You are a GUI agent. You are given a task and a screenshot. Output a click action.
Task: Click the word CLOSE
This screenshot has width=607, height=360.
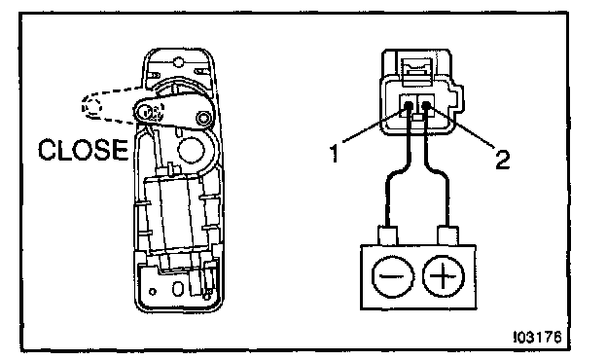[84, 150]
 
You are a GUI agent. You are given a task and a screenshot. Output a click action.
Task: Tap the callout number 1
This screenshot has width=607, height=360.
[334, 153]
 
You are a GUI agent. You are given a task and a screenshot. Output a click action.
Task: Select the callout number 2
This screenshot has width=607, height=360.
[503, 160]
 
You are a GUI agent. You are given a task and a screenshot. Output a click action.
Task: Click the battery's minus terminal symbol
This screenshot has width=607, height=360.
[393, 276]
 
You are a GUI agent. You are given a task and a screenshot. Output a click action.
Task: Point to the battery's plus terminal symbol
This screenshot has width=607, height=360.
[444, 276]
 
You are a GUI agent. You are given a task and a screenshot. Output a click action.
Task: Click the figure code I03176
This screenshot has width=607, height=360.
[537, 338]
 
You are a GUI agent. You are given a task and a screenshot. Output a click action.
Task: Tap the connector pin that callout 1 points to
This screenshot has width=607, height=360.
[408, 105]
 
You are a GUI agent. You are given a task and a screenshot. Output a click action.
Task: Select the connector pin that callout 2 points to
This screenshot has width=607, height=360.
[426, 104]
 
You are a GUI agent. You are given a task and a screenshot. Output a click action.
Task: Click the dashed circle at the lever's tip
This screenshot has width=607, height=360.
[92, 106]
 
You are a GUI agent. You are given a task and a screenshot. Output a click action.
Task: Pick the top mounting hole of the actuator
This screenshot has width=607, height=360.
[178, 61]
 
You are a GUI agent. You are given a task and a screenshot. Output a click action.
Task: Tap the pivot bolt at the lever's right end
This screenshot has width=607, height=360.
[202, 117]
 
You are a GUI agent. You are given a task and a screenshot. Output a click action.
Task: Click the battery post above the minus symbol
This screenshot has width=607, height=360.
[387, 235]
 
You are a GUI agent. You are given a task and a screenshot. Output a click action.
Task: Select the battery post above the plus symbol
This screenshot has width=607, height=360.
[447, 235]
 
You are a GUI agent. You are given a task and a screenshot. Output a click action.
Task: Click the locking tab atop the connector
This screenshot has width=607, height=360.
[417, 72]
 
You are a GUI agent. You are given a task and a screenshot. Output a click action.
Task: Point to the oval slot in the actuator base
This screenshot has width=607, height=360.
[178, 288]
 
